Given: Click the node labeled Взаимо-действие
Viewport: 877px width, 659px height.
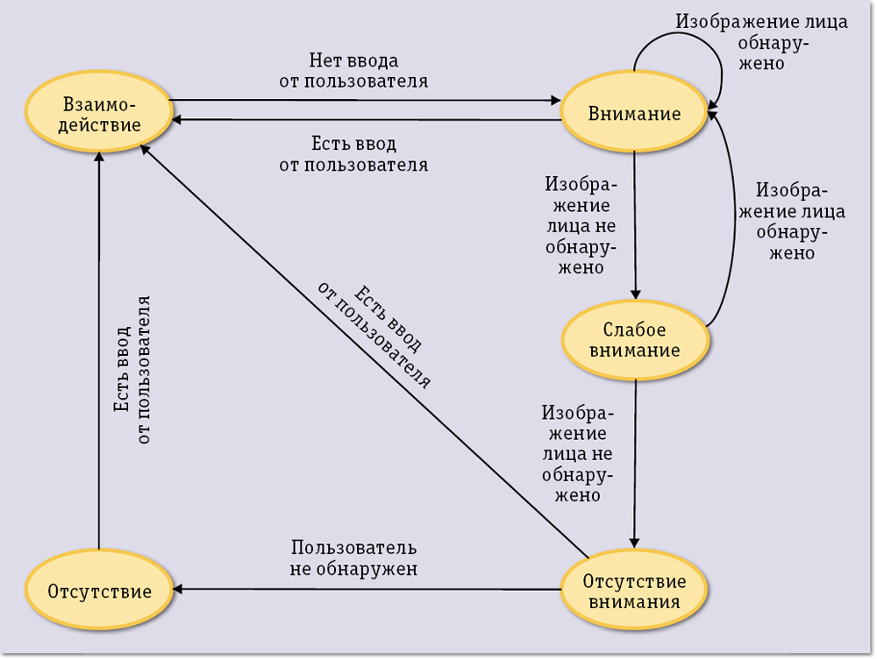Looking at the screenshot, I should tap(97, 114).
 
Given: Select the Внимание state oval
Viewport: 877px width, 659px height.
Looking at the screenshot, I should tap(634, 114).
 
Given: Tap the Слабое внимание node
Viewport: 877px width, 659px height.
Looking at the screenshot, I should tap(634, 340).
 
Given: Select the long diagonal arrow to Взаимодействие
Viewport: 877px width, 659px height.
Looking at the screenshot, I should tap(368, 351).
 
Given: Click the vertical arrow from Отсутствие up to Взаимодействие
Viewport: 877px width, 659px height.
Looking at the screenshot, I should tap(99, 351).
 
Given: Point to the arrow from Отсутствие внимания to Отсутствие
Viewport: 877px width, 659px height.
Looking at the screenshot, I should tap(368, 588).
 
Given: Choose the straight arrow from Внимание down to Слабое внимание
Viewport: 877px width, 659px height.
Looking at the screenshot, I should tap(635, 223).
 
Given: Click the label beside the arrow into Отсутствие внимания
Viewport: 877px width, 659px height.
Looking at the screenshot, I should tap(576, 453).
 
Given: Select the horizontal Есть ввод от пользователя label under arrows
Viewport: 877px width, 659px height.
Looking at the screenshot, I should tap(353, 153).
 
